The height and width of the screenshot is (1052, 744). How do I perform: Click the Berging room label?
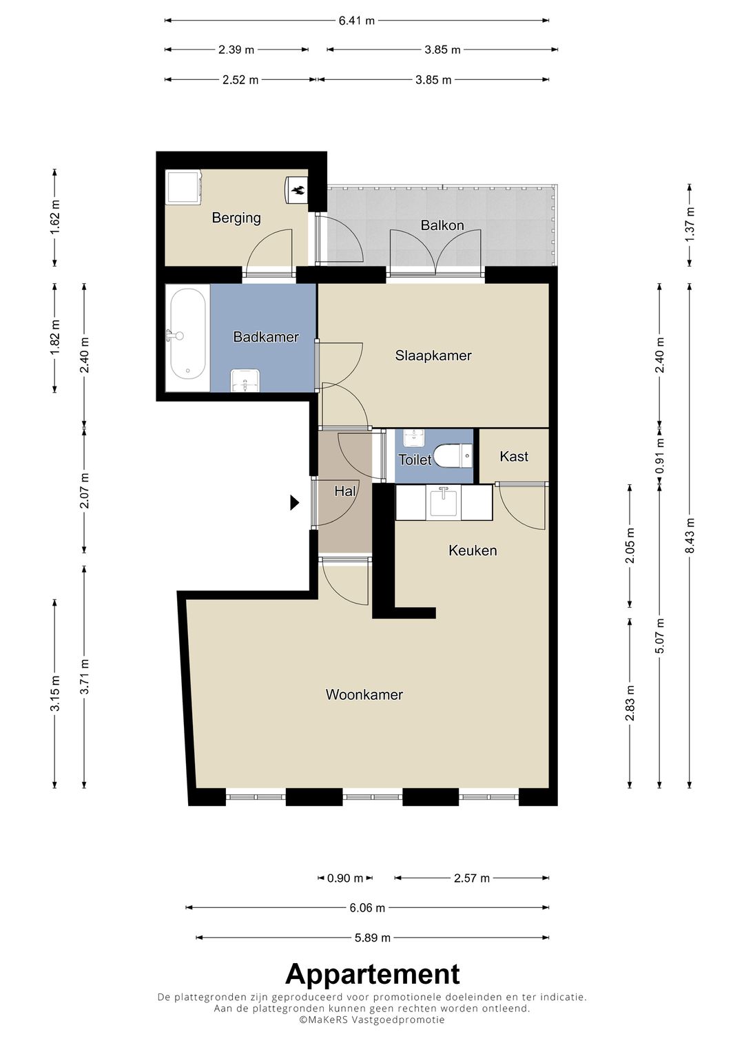236,218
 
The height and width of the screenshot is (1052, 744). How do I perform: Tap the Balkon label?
442,225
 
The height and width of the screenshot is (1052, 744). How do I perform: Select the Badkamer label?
266,337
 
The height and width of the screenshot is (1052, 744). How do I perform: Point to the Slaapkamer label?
433,355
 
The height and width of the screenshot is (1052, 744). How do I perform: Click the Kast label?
514,456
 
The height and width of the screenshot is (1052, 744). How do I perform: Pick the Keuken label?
473,550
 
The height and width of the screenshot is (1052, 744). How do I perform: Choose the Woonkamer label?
364,694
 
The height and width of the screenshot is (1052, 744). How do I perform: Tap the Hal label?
344,491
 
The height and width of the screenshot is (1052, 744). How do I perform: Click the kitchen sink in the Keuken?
444,502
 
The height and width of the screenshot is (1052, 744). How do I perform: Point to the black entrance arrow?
295,502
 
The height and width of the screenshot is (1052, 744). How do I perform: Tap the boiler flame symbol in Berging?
298,190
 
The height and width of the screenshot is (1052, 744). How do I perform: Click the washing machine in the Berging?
183,187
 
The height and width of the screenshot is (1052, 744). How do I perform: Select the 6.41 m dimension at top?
357,21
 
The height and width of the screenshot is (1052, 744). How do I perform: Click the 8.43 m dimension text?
690,536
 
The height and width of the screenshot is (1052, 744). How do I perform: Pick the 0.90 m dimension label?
345,878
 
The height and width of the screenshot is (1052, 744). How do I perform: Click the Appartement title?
373,974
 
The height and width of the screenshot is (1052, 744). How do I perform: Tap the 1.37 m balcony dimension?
690,225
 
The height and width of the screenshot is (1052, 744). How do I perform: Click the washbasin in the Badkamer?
245,380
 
